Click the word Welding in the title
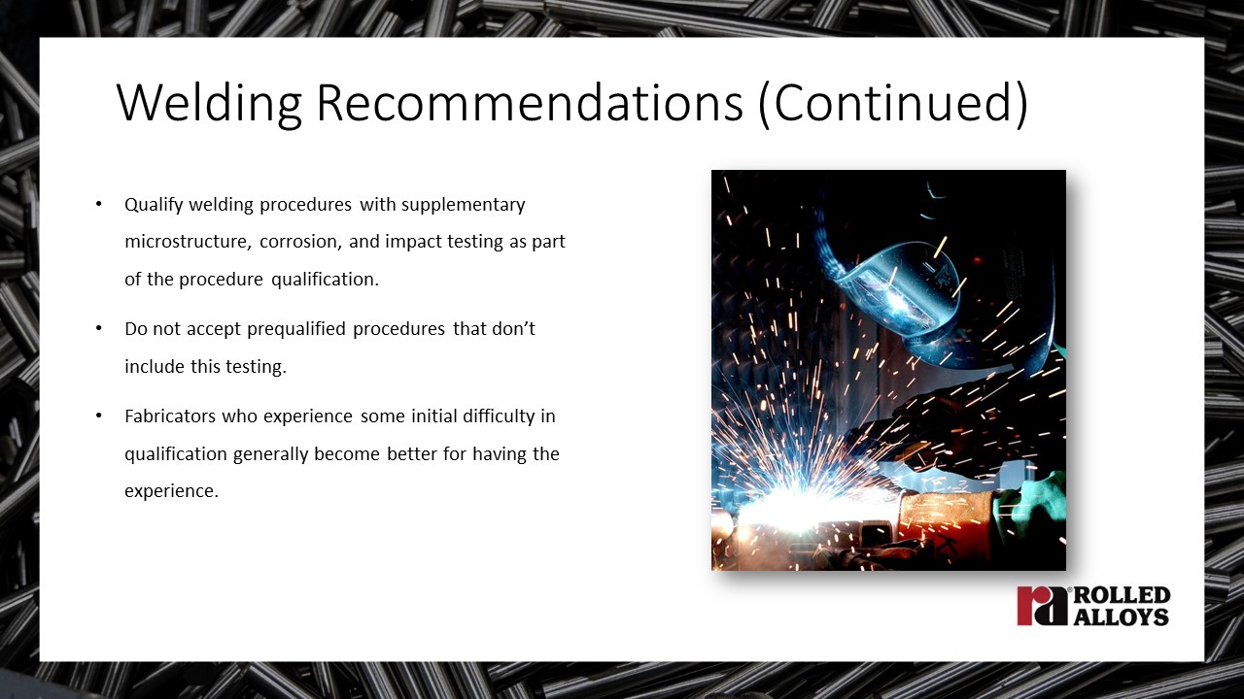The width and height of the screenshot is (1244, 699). click(209, 103)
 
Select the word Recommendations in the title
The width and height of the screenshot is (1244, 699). click(530, 102)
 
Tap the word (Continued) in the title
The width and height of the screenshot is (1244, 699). click(893, 104)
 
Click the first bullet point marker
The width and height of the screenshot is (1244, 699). click(99, 204)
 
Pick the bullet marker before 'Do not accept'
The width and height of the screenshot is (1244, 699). click(99, 328)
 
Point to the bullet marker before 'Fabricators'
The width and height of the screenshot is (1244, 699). click(99, 416)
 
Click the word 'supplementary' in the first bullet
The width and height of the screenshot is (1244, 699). click(464, 205)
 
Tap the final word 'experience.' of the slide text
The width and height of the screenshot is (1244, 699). click(172, 491)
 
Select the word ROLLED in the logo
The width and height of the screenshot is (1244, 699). click(1122, 596)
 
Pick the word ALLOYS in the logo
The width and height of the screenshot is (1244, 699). click(1122, 616)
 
